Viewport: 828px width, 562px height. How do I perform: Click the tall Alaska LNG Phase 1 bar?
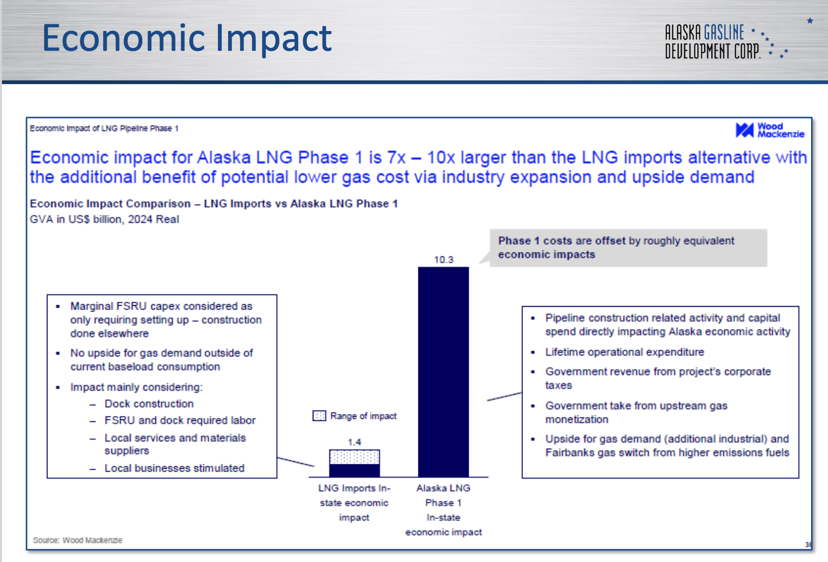coord(443,372)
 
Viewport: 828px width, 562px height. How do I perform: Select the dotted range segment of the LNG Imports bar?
coord(354,457)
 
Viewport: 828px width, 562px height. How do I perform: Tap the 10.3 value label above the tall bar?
coord(444,260)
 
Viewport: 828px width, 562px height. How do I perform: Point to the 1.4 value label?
coord(354,442)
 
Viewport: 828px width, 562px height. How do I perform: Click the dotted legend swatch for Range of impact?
coord(319,416)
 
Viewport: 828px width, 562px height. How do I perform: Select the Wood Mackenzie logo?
coord(770,130)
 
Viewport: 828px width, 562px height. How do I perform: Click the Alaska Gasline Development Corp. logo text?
coord(713,42)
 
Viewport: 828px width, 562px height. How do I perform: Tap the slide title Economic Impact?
coord(187,38)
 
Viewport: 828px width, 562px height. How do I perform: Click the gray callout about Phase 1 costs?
coord(628,248)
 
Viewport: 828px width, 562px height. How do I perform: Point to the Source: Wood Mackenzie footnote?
coord(77,540)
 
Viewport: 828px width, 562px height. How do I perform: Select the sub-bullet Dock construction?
coord(149,403)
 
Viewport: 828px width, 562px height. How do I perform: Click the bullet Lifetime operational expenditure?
coord(625,352)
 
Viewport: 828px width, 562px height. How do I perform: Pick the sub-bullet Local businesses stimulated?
coord(174,468)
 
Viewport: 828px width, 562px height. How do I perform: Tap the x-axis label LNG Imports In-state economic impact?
coord(354,503)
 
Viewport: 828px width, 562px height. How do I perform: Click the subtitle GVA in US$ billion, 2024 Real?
coord(104,220)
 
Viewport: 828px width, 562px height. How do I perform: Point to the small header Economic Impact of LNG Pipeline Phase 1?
coord(104,128)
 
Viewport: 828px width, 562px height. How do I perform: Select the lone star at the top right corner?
coord(810,21)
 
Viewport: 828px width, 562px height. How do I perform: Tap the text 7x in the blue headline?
coord(396,158)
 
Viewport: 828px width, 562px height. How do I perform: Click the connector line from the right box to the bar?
coord(504,396)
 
